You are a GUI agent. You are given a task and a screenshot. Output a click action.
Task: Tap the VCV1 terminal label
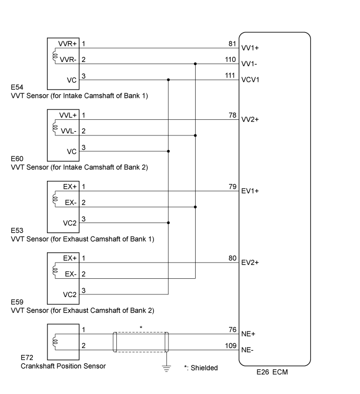point(250,80)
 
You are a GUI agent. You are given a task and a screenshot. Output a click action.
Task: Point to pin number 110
point(231,59)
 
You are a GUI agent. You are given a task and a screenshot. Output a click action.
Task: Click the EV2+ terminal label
point(250,262)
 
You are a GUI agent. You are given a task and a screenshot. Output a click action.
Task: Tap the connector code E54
point(17,88)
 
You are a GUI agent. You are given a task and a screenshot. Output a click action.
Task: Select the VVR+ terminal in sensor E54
point(67,44)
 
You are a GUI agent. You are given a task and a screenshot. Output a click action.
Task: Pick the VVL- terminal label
point(67,131)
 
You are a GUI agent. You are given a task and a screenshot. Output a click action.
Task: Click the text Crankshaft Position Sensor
point(63,366)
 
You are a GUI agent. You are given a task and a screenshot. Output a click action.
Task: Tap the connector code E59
point(17,302)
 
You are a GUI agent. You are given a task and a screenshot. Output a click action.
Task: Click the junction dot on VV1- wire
point(195,64)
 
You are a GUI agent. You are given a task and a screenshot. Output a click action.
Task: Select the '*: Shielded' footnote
point(201,368)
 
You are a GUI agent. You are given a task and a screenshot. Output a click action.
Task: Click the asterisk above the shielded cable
point(140,327)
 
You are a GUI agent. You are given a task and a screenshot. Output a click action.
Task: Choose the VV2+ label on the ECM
point(250,119)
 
